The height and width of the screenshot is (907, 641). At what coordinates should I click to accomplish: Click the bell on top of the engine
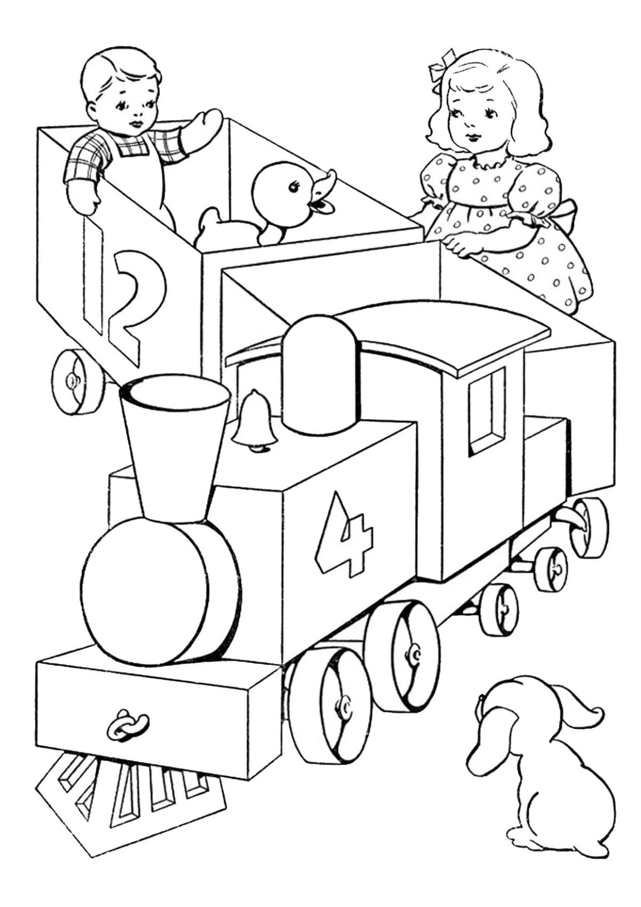tap(254, 420)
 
